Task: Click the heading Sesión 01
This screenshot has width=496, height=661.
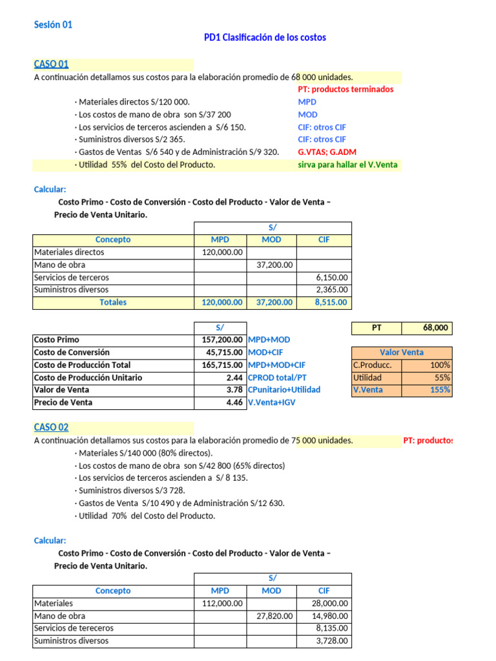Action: [53, 25]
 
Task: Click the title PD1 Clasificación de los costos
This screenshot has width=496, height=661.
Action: [265, 37]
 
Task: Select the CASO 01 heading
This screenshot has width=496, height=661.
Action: [51, 64]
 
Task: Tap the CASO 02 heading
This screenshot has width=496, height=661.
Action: [51, 427]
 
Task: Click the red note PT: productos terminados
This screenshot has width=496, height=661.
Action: [346, 89]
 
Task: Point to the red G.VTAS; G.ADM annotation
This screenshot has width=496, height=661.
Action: [329, 152]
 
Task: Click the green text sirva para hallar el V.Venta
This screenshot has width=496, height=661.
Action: [348, 165]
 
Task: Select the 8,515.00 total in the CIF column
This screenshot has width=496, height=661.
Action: [331, 302]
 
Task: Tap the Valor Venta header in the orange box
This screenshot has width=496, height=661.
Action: [402, 352]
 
